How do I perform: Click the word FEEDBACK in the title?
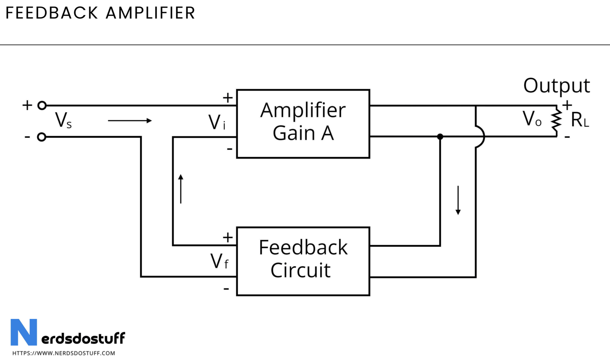click(x=52, y=13)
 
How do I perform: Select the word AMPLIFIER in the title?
click(x=150, y=13)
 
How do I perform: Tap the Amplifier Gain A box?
click(x=303, y=123)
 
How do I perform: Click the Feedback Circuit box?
click(x=303, y=261)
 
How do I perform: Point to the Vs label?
click(x=63, y=121)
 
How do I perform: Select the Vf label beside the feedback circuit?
click(x=219, y=262)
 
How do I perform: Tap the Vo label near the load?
click(x=532, y=119)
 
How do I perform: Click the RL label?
click(x=579, y=121)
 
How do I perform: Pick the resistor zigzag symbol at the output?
click(x=556, y=121)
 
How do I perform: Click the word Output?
click(x=556, y=86)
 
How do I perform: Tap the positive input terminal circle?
click(x=42, y=105)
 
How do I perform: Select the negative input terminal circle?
click(x=42, y=137)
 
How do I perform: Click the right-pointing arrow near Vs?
click(x=130, y=121)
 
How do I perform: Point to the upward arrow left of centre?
click(x=181, y=189)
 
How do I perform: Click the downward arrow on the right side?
click(x=458, y=200)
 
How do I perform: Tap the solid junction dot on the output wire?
click(x=440, y=137)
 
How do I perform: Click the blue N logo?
click(x=24, y=332)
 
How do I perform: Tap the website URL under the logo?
click(x=64, y=353)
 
